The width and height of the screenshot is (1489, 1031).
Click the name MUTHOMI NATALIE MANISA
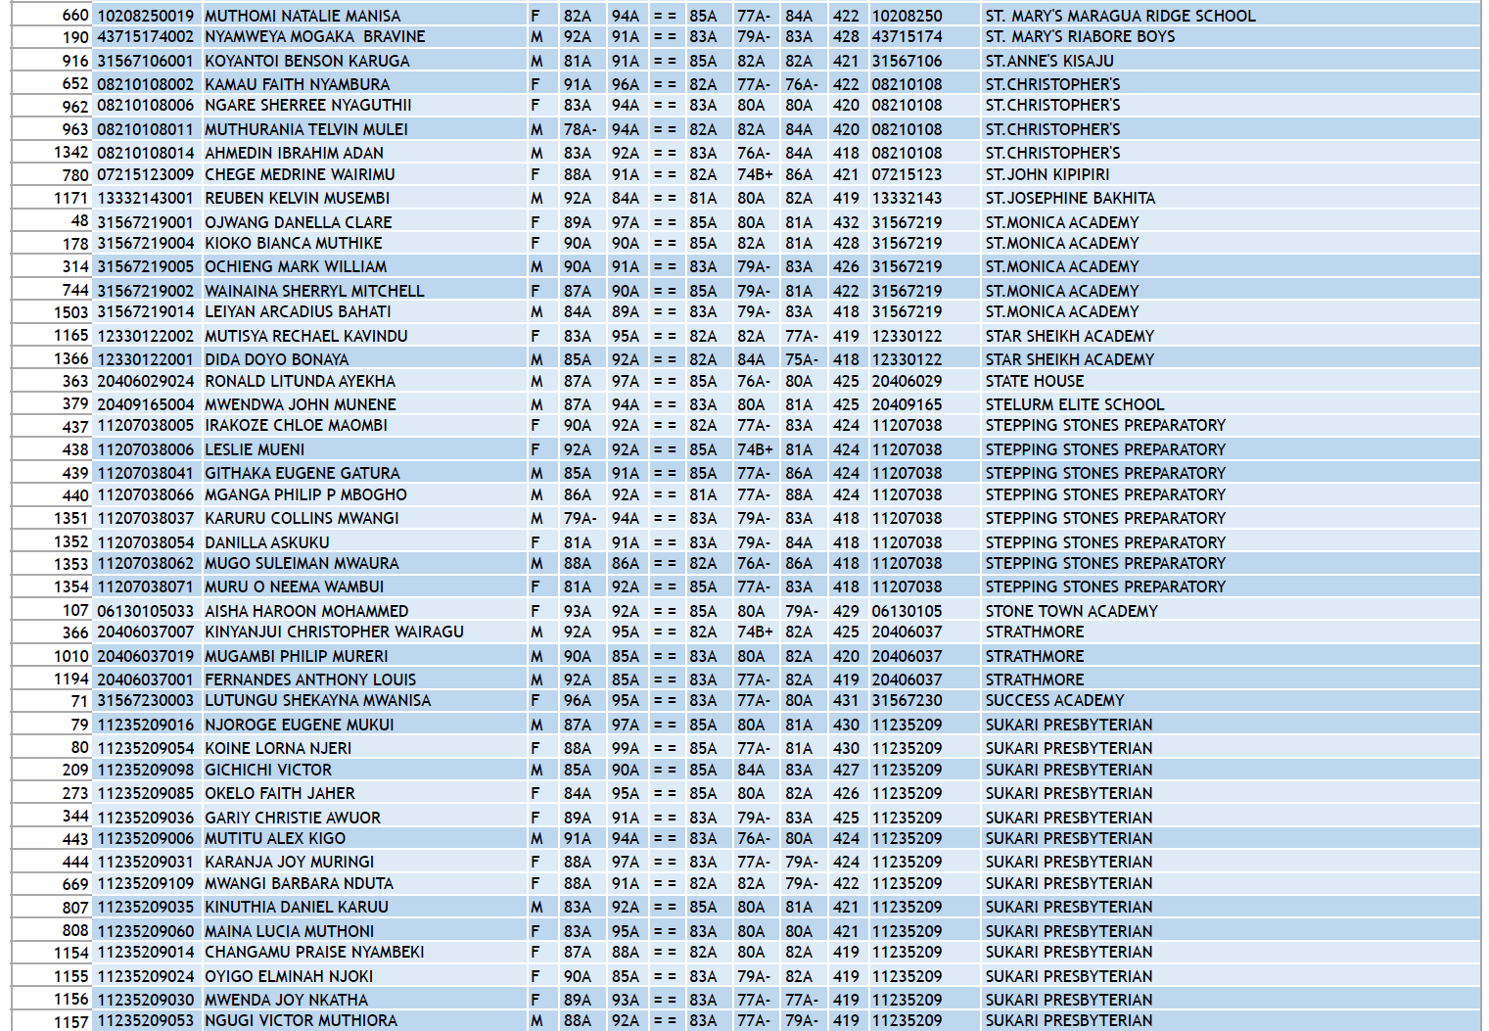pyautogui.click(x=302, y=16)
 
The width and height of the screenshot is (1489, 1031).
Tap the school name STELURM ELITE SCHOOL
pyautogui.click(x=1074, y=404)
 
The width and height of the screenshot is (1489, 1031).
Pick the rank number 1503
pyautogui.click(x=70, y=311)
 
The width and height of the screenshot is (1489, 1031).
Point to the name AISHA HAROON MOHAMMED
pyautogui.click(x=306, y=611)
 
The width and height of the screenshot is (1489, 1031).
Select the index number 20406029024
pyautogui.click(x=145, y=381)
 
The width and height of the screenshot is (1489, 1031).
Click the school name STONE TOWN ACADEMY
pyautogui.click(x=1071, y=611)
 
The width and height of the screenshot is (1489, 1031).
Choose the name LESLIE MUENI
pyautogui.click(x=255, y=449)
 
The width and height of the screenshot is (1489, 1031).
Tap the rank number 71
pyautogui.click(x=79, y=700)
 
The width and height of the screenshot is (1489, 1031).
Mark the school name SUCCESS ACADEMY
pyautogui.click(x=1054, y=700)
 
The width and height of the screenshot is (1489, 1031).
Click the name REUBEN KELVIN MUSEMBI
pyautogui.click(x=297, y=198)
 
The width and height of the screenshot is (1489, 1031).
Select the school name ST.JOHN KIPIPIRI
pyautogui.click(x=1047, y=174)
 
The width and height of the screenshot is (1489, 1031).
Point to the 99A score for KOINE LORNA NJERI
pyautogui.click(x=625, y=748)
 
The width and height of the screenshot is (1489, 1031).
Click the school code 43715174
pyautogui.click(x=907, y=36)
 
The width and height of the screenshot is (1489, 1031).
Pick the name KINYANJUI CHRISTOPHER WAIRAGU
pyautogui.click(x=334, y=632)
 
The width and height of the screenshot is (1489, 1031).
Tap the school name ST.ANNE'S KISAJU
pyautogui.click(x=1049, y=61)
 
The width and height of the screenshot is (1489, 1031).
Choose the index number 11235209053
pyautogui.click(x=145, y=1020)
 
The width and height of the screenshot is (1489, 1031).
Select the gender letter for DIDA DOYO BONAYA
pyautogui.click(x=535, y=359)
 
